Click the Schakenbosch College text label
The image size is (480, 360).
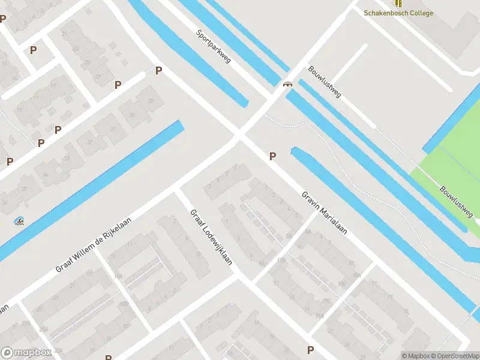(x=398, y=13)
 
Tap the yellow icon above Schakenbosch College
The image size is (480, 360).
(x=398, y=3)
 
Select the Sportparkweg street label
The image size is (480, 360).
(x=214, y=46)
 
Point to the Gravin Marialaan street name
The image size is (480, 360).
(x=325, y=212)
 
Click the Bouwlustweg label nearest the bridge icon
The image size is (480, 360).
(x=324, y=82)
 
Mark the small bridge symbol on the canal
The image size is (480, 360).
(x=288, y=84)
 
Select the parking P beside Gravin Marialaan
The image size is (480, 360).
(x=273, y=156)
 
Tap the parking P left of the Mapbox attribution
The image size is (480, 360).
(x=310, y=350)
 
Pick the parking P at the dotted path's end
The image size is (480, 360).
(x=158, y=71)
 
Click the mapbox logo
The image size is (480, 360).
(x=27, y=353)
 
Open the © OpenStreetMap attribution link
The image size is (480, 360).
(x=455, y=356)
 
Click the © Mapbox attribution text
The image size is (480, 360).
(x=414, y=356)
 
